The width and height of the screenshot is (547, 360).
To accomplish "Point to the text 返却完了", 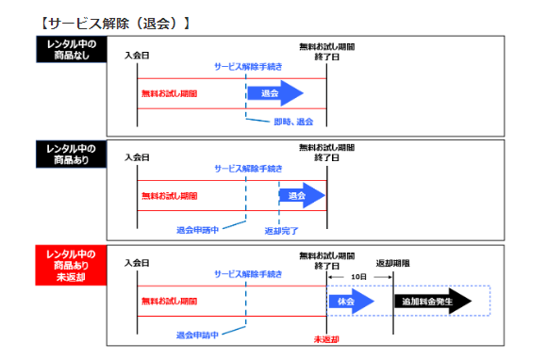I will tap(280, 229).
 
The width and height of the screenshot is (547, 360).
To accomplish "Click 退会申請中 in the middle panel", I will tap(197, 229).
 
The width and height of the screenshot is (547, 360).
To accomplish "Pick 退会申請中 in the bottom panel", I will tap(197, 335).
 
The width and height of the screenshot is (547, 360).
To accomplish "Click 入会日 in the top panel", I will tap(137, 56).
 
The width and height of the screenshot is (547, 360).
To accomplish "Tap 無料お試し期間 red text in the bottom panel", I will tap(170, 301).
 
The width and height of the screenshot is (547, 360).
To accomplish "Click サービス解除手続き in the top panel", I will tap(247, 67).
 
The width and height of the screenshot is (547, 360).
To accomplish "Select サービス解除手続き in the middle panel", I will tap(247, 168).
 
